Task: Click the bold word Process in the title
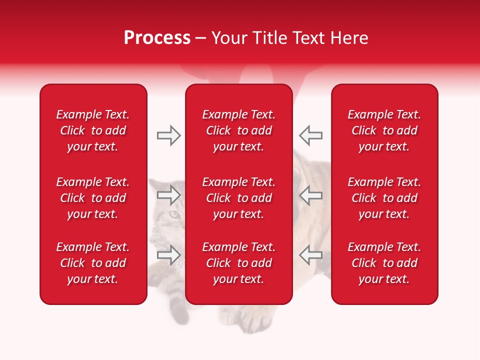(157, 38)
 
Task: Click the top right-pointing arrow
(168, 135)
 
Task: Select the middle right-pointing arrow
(168, 194)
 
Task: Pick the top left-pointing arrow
(310, 135)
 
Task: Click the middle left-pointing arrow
(310, 194)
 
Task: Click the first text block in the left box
(92, 130)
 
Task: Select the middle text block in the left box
(92, 198)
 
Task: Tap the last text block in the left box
(92, 263)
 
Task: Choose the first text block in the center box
(238, 130)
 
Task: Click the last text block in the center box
(238, 263)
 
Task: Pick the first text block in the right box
(384, 130)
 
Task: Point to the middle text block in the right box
(384, 198)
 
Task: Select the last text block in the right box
(384, 263)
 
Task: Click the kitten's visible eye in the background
(173, 215)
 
